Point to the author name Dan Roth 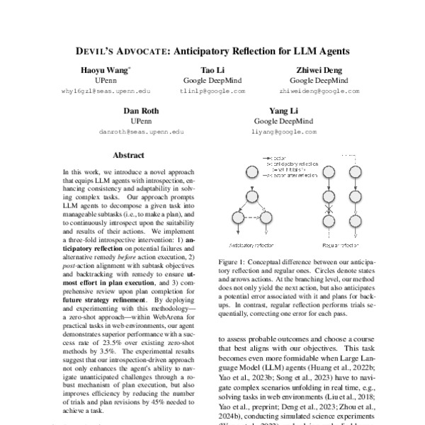pos(142,112)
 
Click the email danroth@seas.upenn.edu pos(142,132)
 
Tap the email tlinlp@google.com pos(212,91)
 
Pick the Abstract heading pos(128,155)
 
